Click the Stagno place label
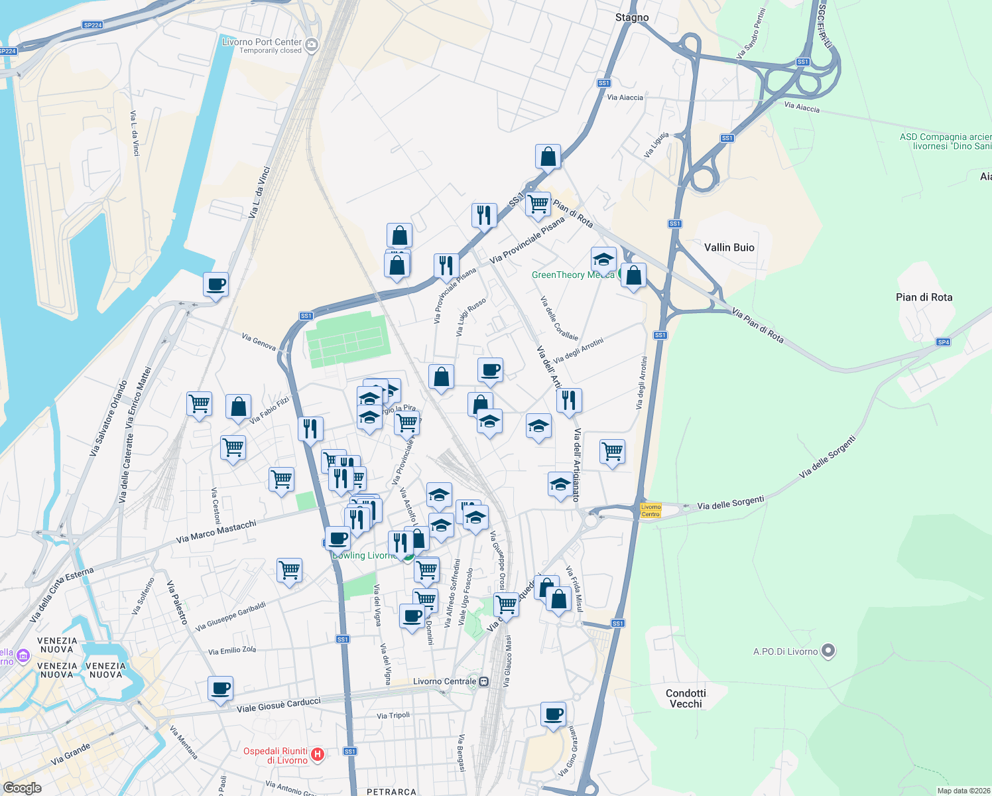tap(631, 17)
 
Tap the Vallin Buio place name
tap(729, 247)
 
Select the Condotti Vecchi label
tap(686, 698)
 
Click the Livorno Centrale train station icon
tap(484, 681)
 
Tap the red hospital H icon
tap(318, 754)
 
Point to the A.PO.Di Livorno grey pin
tap(828, 651)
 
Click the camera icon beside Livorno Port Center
tap(311, 45)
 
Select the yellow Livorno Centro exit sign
tap(651, 510)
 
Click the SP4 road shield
tap(943, 342)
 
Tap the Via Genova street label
tap(259, 342)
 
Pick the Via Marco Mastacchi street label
tap(216, 532)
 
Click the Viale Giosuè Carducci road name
tap(279, 705)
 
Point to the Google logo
tap(23, 787)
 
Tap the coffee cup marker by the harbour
tap(216, 285)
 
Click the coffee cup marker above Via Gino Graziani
tap(553, 714)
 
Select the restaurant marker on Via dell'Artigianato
tap(569, 400)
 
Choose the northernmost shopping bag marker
tap(548, 157)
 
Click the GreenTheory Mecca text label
tap(572, 275)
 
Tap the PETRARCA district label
tap(391, 791)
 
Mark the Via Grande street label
tap(70, 754)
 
